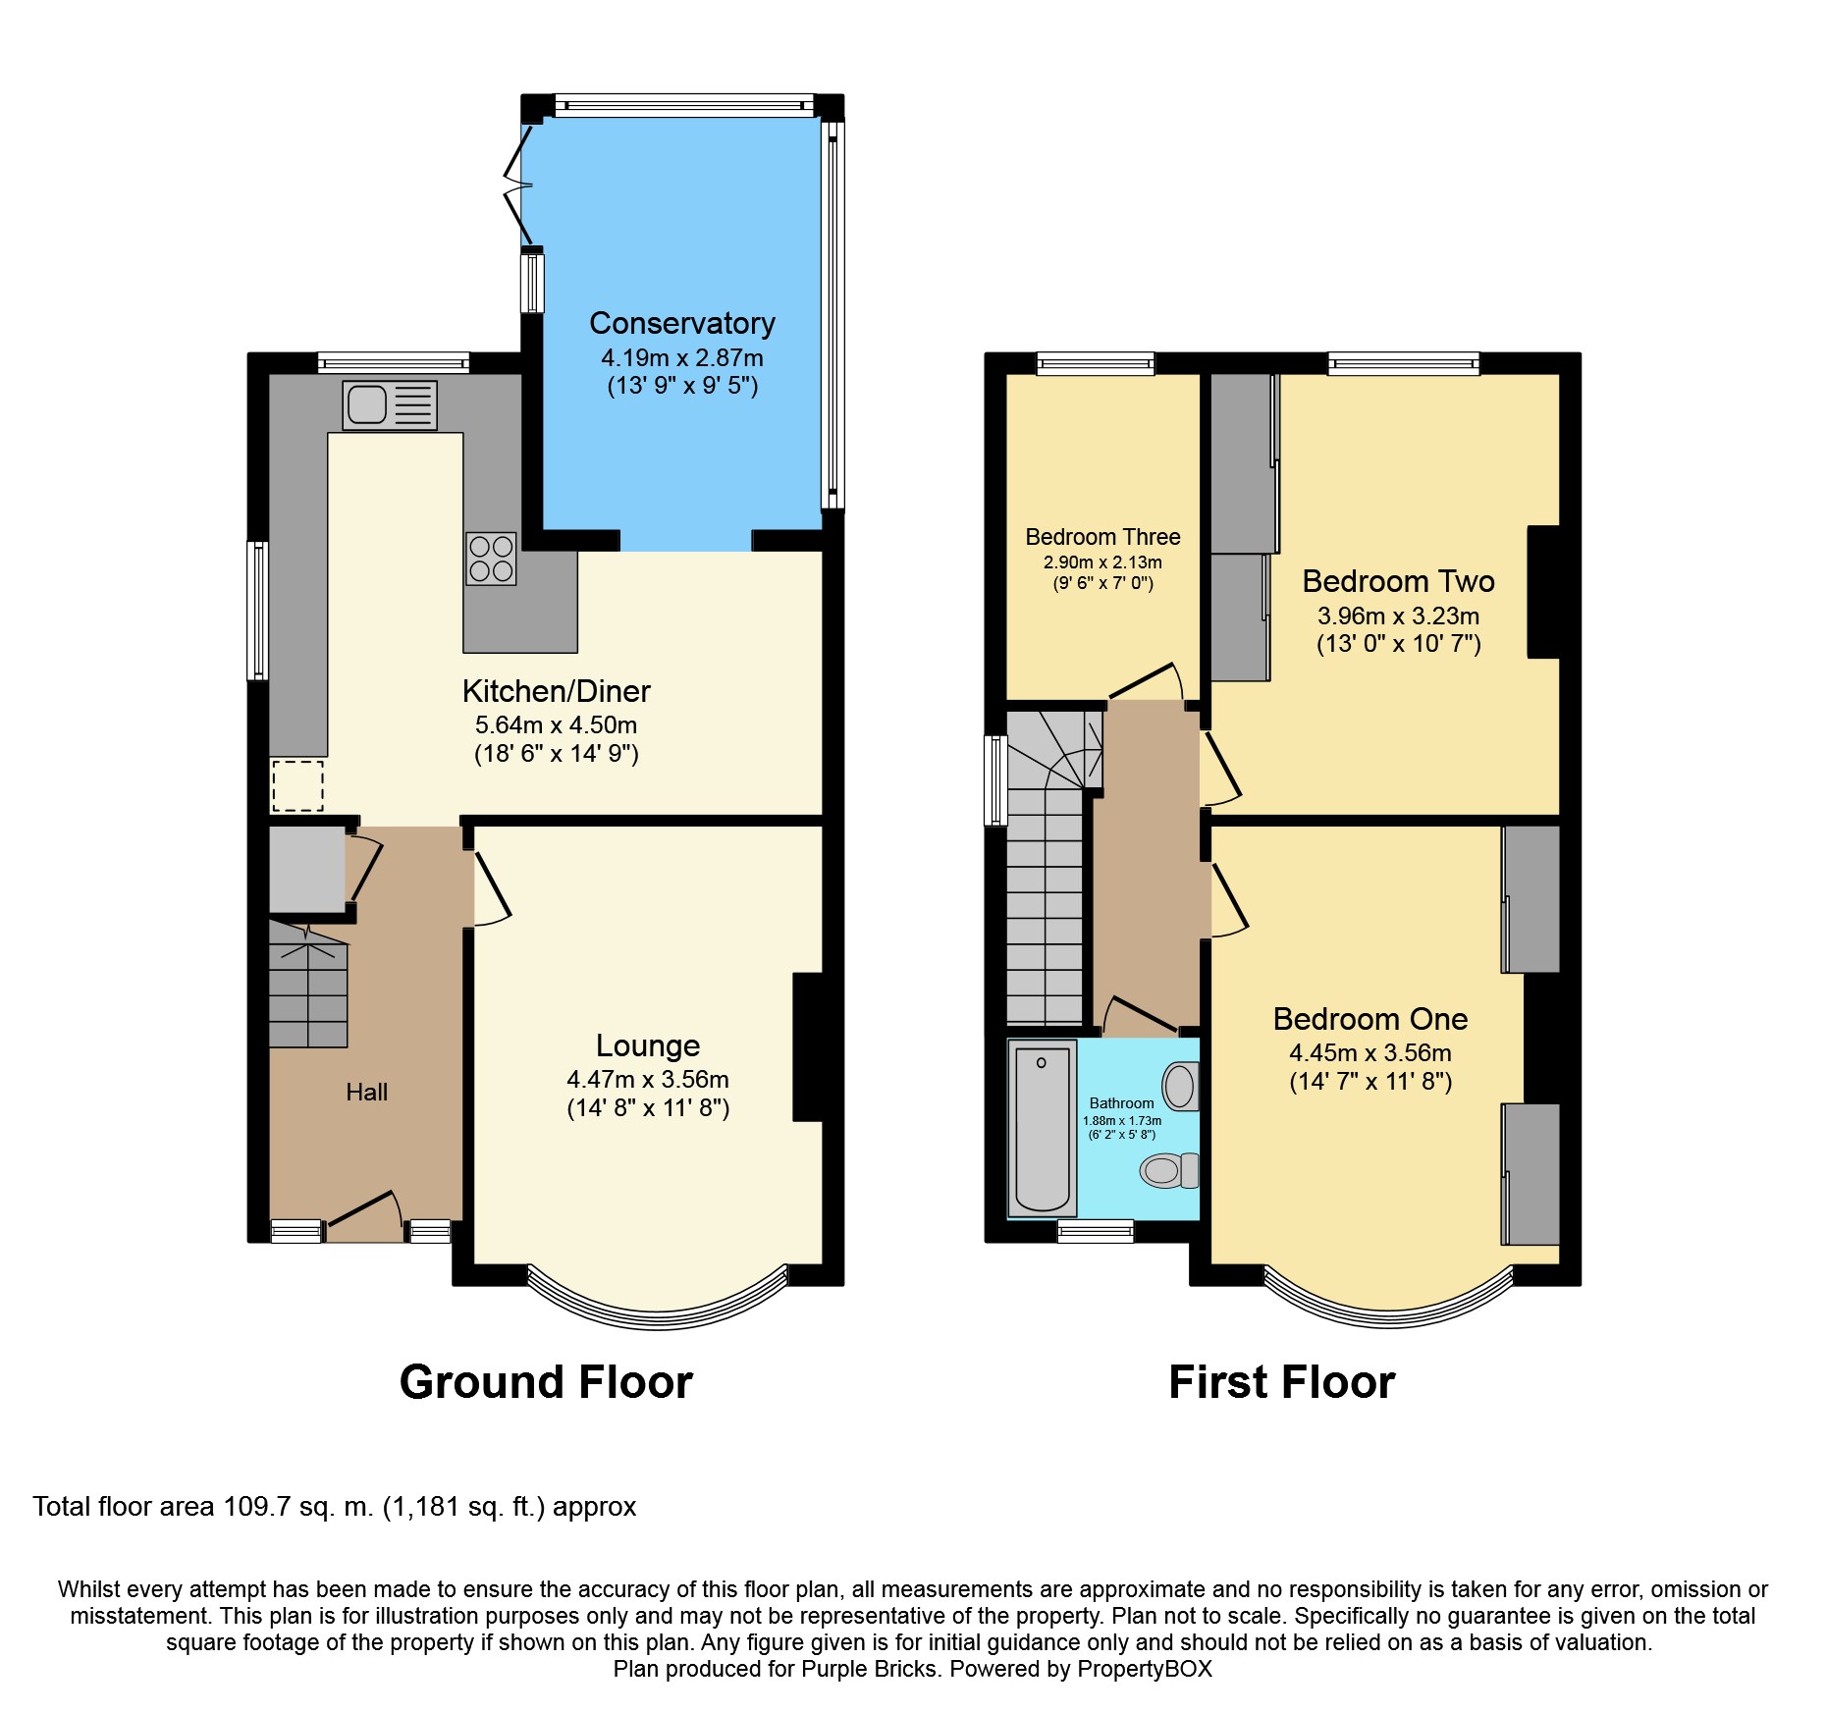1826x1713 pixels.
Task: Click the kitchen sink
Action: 390,404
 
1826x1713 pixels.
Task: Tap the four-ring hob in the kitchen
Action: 491,559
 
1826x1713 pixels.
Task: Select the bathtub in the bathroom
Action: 1042,1128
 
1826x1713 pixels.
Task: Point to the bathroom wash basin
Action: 1180,1087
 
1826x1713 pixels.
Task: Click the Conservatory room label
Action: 682,323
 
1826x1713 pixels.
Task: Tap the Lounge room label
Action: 648,1045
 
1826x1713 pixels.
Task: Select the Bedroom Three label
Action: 1102,537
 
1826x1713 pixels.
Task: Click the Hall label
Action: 366,1092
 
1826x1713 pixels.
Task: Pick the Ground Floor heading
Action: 546,1382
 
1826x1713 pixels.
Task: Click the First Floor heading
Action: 1281,1382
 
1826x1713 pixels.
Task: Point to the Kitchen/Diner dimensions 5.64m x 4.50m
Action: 556,725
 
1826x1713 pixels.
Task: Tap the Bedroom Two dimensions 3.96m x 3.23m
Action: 1398,616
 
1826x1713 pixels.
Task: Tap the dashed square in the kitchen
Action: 297,785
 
